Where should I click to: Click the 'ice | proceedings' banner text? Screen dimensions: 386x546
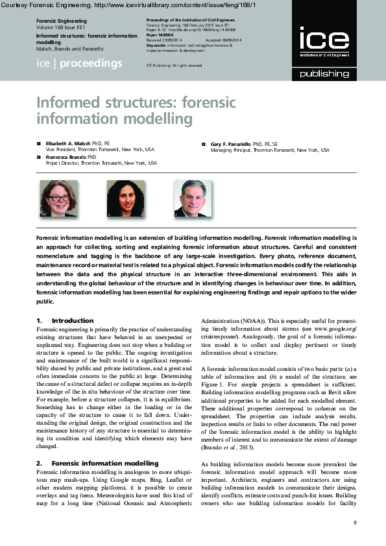[x=79, y=64]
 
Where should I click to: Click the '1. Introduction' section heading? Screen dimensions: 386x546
[x=65, y=321]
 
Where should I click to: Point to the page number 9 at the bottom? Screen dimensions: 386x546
[x=354, y=523]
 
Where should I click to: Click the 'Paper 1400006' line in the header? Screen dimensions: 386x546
[x=158, y=34]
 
